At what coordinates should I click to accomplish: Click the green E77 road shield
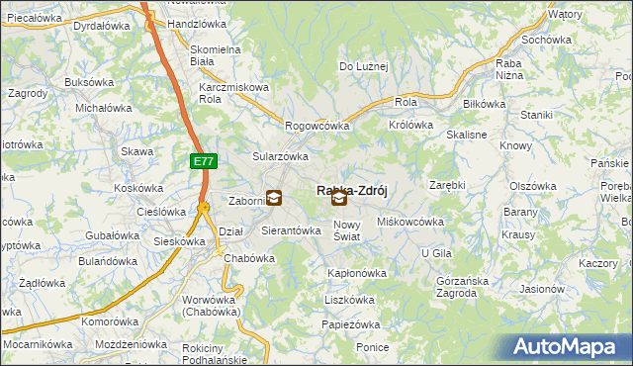(x=202, y=159)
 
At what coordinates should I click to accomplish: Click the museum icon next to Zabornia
(x=274, y=198)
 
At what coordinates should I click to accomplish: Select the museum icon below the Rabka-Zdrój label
(x=339, y=199)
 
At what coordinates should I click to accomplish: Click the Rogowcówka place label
(x=317, y=126)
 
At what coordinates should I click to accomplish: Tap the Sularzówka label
(x=281, y=156)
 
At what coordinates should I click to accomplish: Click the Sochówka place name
(x=547, y=40)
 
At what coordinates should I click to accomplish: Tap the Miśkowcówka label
(x=410, y=222)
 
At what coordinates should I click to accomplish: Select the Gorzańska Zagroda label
(x=462, y=287)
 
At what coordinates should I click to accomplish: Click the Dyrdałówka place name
(x=104, y=24)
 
